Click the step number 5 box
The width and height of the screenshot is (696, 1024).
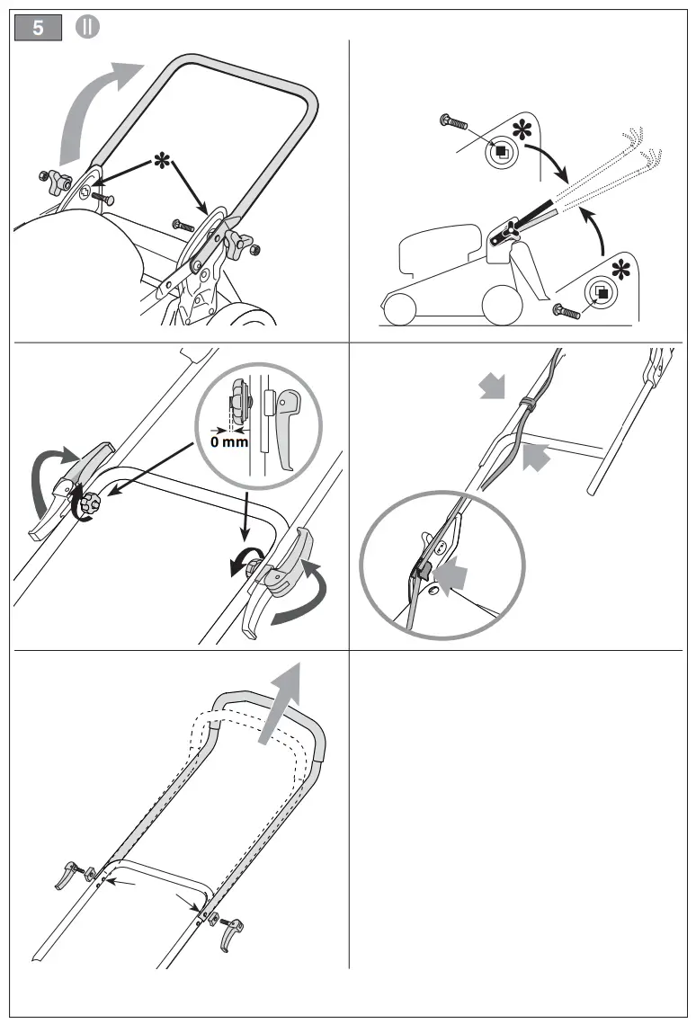coord(39,28)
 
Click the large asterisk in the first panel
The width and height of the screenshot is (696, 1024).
coord(162,162)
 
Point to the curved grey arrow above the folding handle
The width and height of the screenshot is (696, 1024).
coord(90,108)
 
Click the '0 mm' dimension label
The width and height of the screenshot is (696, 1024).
coord(229,442)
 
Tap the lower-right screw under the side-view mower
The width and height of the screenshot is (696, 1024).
coord(567,310)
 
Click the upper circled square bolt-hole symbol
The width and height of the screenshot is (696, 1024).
coord(501,152)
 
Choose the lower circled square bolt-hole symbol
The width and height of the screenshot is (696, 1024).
coord(601,292)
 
